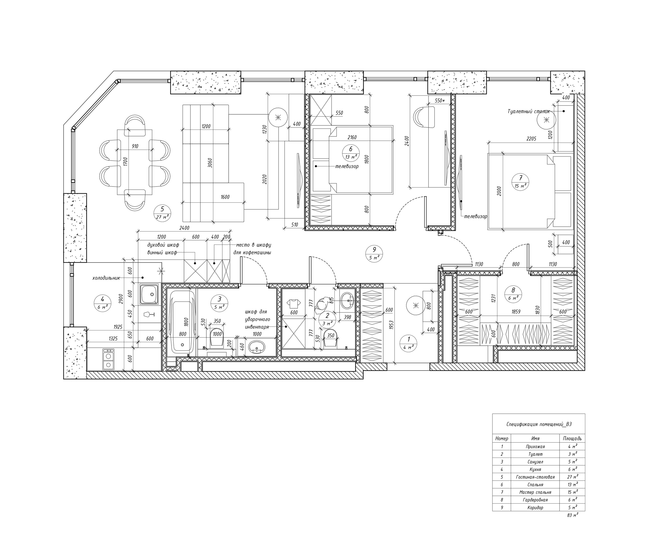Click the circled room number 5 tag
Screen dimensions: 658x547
coord(162,213)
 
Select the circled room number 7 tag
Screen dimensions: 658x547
coord(520,182)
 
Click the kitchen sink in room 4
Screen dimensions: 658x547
coord(149,294)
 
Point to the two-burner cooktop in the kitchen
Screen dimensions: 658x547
coord(108,359)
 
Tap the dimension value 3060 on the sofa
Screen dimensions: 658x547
coord(210,163)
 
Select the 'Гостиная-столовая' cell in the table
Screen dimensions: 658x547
coord(535,477)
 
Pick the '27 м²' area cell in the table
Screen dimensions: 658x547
coord(572,477)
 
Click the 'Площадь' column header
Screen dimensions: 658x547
coord(572,439)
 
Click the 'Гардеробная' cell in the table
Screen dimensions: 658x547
coord(535,500)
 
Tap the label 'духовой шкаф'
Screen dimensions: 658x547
coord(163,245)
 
